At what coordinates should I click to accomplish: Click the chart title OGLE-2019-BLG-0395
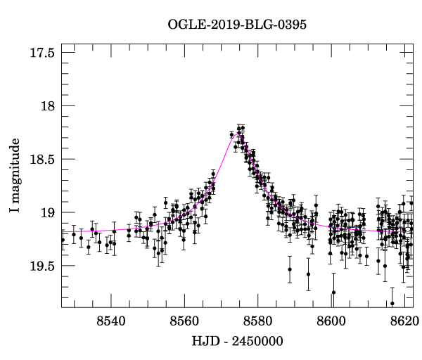(x=237, y=25)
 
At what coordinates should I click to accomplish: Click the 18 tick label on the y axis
(x=46, y=106)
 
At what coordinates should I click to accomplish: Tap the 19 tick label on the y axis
(x=46, y=212)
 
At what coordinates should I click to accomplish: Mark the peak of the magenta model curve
(x=238, y=132)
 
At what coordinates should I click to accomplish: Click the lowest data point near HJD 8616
(x=392, y=303)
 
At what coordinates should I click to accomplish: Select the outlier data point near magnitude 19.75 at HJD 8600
(x=333, y=292)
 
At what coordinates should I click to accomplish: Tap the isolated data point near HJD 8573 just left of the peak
(x=231, y=134)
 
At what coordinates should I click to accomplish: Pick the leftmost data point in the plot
(x=63, y=240)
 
